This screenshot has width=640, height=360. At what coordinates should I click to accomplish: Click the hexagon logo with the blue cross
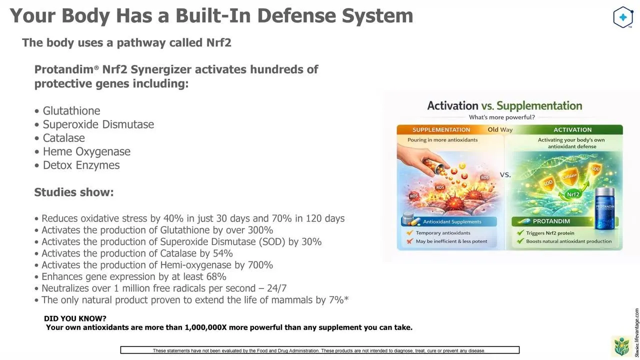(623, 17)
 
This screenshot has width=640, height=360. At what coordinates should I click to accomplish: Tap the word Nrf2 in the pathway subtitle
(218, 42)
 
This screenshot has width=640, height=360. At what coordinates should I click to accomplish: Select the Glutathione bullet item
(67, 111)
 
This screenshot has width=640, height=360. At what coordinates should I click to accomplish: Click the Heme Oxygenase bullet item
(82, 151)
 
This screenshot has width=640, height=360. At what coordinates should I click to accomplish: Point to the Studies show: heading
(74, 192)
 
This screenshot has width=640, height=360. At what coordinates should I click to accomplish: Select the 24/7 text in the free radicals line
(276, 288)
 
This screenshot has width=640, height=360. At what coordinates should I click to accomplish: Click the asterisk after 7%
(346, 299)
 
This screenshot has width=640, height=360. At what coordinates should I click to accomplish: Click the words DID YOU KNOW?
(75, 318)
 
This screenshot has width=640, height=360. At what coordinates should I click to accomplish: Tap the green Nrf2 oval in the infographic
(573, 194)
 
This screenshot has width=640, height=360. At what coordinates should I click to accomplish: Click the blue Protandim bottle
(604, 208)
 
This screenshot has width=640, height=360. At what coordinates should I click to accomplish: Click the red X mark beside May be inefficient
(410, 241)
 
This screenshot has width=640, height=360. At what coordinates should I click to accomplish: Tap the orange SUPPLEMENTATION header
(441, 129)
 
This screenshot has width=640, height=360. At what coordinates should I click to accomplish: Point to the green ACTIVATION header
(572, 129)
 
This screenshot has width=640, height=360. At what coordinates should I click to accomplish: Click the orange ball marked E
(464, 175)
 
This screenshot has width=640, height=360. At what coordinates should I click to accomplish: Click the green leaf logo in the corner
(622, 346)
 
